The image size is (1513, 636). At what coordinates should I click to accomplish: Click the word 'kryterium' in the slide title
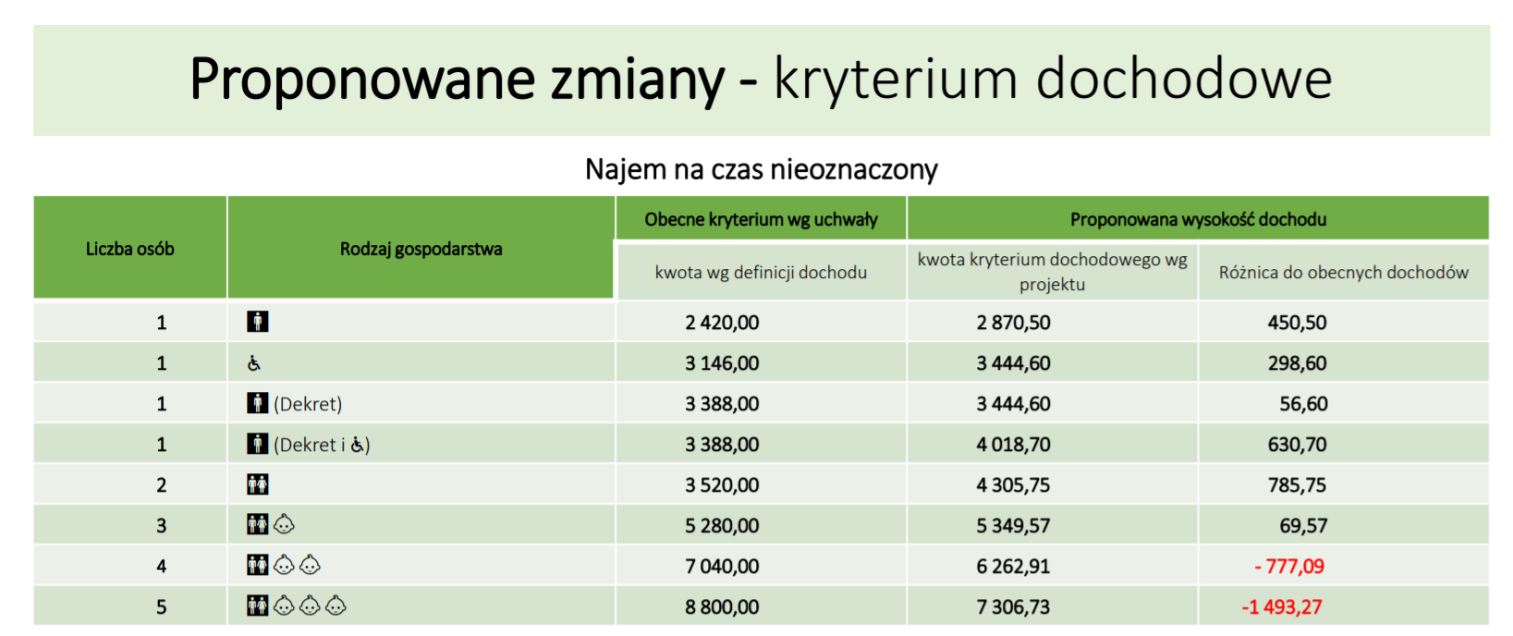(895, 79)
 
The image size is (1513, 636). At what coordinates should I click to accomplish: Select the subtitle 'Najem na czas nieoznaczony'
(762, 169)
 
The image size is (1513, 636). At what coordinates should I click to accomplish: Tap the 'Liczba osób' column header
(129, 249)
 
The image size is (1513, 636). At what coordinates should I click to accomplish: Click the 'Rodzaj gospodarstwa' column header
(421, 249)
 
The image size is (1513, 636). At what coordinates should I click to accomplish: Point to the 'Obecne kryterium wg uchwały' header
(761, 219)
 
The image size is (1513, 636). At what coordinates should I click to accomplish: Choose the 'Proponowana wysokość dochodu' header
(1198, 219)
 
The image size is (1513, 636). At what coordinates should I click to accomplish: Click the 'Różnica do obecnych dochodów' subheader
(1344, 273)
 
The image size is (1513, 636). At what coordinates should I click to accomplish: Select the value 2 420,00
(722, 323)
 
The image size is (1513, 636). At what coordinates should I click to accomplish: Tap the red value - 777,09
(1288, 566)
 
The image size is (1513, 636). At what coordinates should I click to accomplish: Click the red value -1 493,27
(1281, 607)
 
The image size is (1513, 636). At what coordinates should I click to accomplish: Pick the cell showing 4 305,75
(1013, 484)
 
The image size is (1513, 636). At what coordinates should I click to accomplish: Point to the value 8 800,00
(722, 607)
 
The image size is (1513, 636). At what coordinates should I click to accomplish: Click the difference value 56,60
(1303, 403)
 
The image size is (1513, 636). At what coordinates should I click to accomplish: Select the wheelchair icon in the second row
(254, 363)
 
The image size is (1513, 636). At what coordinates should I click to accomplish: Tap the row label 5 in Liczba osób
(162, 607)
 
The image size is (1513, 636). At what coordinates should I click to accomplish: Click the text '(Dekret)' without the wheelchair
(308, 404)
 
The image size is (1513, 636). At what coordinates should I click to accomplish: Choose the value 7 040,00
(722, 566)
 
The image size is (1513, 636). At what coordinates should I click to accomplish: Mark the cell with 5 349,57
(1013, 525)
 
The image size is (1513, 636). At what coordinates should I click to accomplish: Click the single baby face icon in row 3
(284, 524)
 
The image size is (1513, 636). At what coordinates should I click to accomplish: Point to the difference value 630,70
(1298, 444)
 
